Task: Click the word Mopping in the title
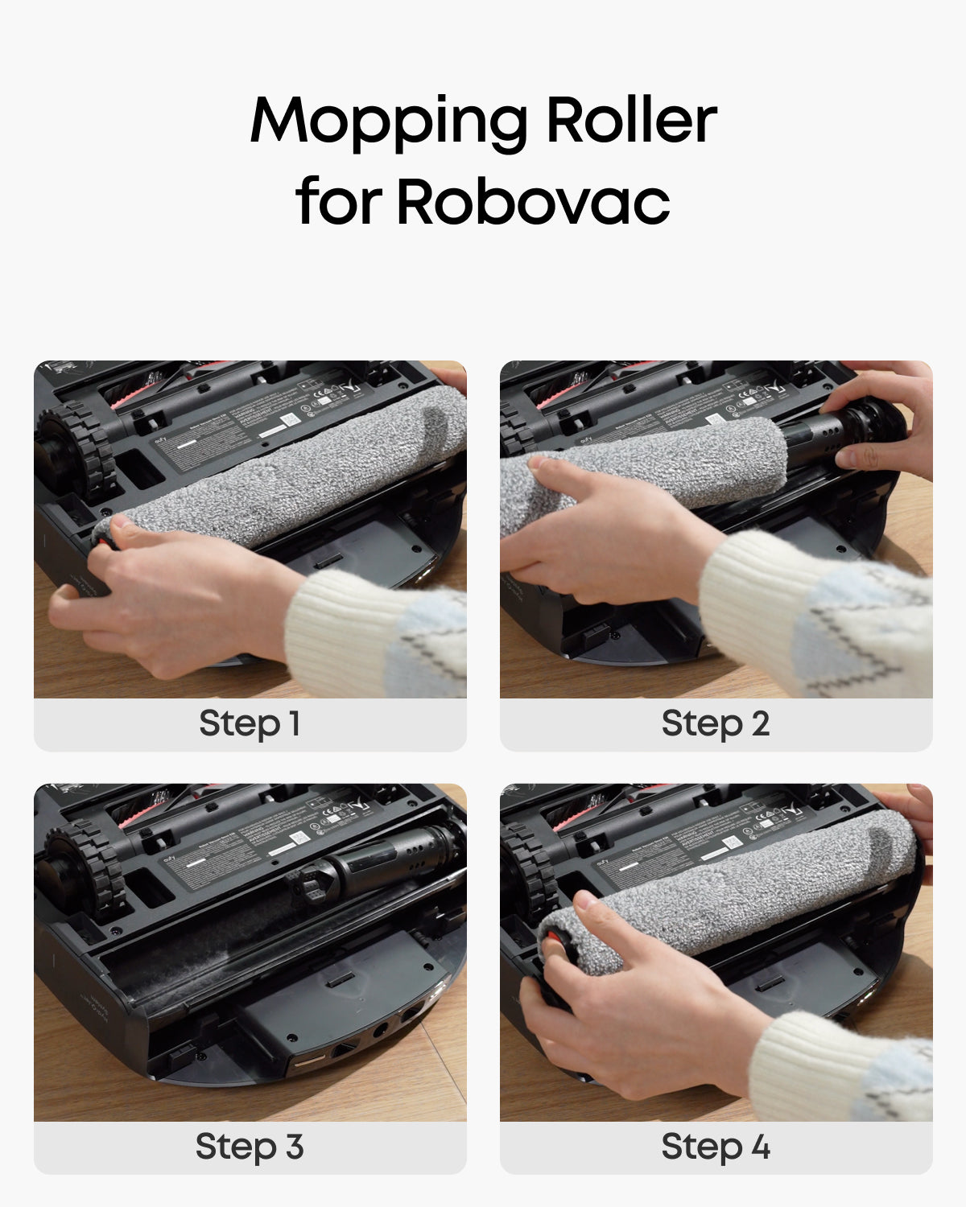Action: click(389, 121)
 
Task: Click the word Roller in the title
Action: click(631, 121)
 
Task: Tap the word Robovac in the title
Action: click(533, 201)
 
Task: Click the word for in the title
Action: click(338, 201)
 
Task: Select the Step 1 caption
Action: click(250, 723)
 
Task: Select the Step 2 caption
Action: click(716, 723)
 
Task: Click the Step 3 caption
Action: click(250, 1147)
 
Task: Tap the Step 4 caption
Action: click(716, 1147)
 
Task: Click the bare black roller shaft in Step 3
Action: click(378, 865)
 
